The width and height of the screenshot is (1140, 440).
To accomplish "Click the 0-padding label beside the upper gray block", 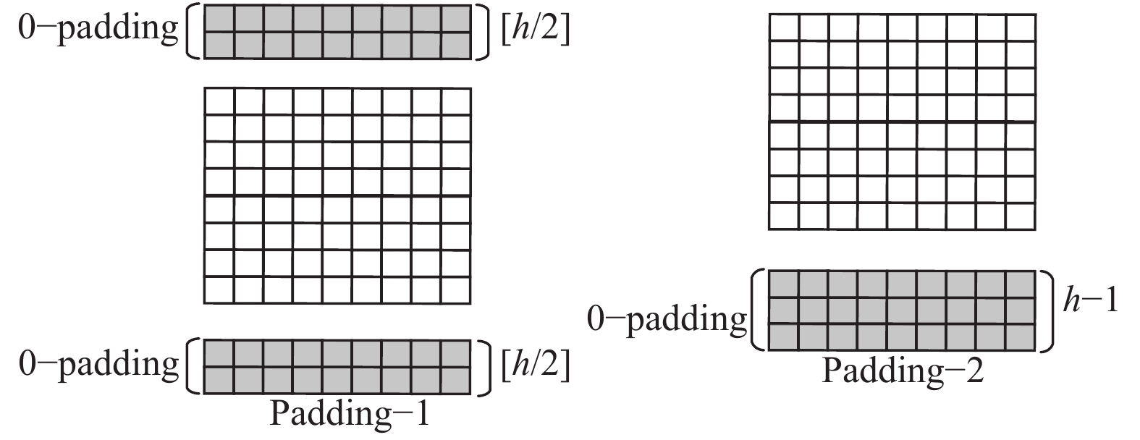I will coord(98,29).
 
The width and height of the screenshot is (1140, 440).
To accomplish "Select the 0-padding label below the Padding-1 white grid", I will coord(98,364).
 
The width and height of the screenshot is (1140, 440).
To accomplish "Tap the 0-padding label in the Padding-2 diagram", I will coord(667,318).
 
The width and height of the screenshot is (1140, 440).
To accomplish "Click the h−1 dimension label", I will coord(1090,300).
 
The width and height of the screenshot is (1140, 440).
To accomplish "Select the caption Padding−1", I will coord(350,415).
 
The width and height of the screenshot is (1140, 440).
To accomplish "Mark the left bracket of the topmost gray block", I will coord(192,31).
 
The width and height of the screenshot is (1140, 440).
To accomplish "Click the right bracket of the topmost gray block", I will coord(483,31).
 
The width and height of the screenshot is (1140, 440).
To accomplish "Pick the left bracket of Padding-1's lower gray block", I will coord(192,366).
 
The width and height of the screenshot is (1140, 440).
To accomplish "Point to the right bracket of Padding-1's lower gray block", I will coord(483,366).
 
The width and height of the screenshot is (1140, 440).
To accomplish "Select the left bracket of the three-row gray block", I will coord(757,310).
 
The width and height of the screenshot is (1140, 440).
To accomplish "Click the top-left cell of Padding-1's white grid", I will coord(219,101).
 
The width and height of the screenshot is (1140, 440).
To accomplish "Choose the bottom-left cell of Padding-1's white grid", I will coord(219,290).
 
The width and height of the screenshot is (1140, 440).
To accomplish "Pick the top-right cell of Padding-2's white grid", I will coord(1021,27).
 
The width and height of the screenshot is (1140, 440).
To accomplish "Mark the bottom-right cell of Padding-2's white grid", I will coord(1021,216).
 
